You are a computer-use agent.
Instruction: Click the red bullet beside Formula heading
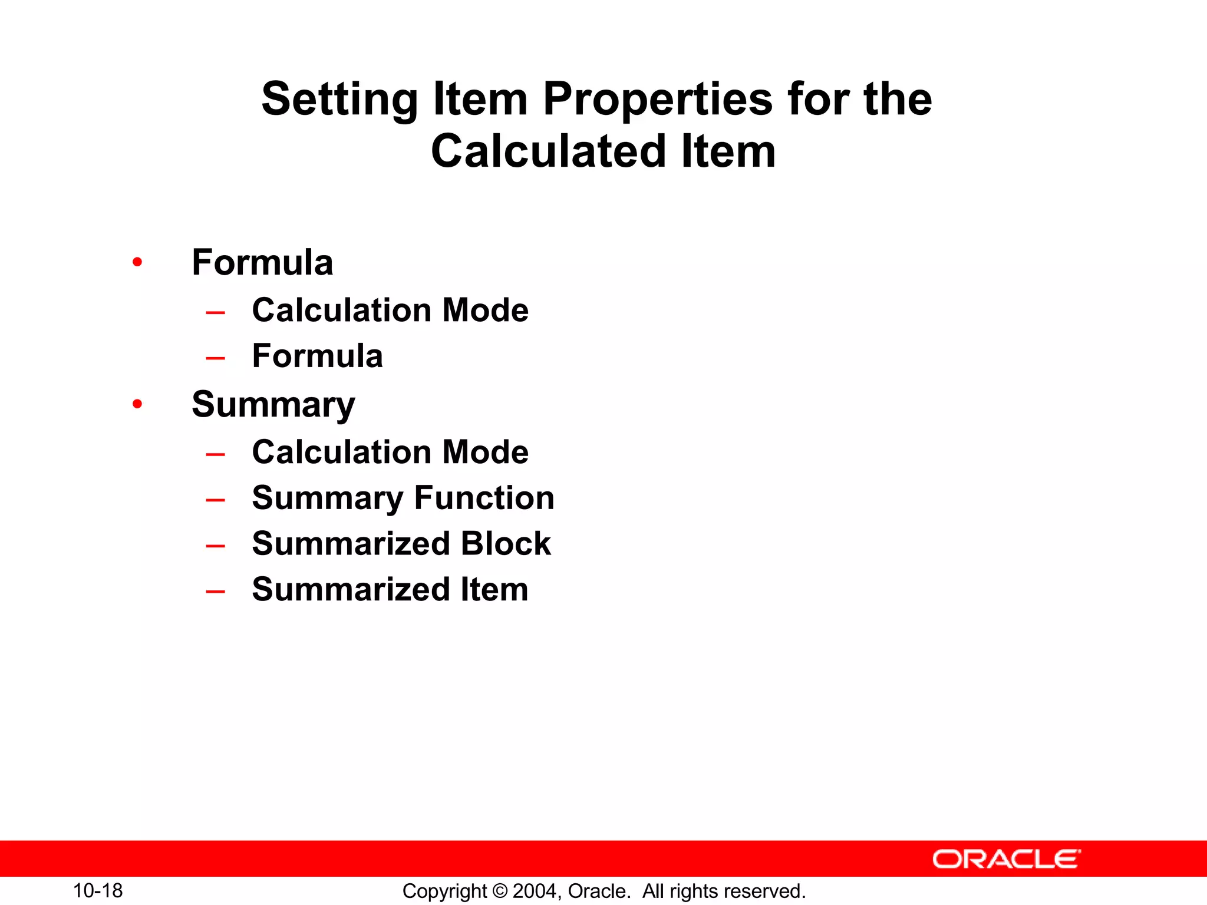pyautogui.click(x=137, y=262)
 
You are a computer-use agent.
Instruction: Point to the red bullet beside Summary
pyautogui.click(x=137, y=404)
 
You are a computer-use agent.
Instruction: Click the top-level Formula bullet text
pyautogui.click(x=262, y=262)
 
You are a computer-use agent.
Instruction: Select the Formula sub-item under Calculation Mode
pyautogui.click(x=317, y=356)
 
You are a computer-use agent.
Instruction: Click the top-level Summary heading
pyautogui.click(x=273, y=405)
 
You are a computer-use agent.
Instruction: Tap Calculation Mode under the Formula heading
pyautogui.click(x=390, y=310)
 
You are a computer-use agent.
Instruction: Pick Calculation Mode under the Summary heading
pyautogui.click(x=390, y=452)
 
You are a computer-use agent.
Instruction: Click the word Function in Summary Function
pyautogui.click(x=484, y=498)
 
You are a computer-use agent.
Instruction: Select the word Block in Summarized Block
pyautogui.click(x=506, y=543)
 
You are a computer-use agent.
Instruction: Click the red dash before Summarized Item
pyautogui.click(x=216, y=591)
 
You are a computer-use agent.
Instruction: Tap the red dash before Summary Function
pyautogui.click(x=216, y=500)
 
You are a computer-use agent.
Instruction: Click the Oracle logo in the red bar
pyautogui.click(x=1006, y=859)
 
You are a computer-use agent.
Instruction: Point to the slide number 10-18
pyautogui.click(x=98, y=891)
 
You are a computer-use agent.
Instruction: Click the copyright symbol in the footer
pyautogui.click(x=500, y=891)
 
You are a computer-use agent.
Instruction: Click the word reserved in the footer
pyautogui.click(x=773, y=891)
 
